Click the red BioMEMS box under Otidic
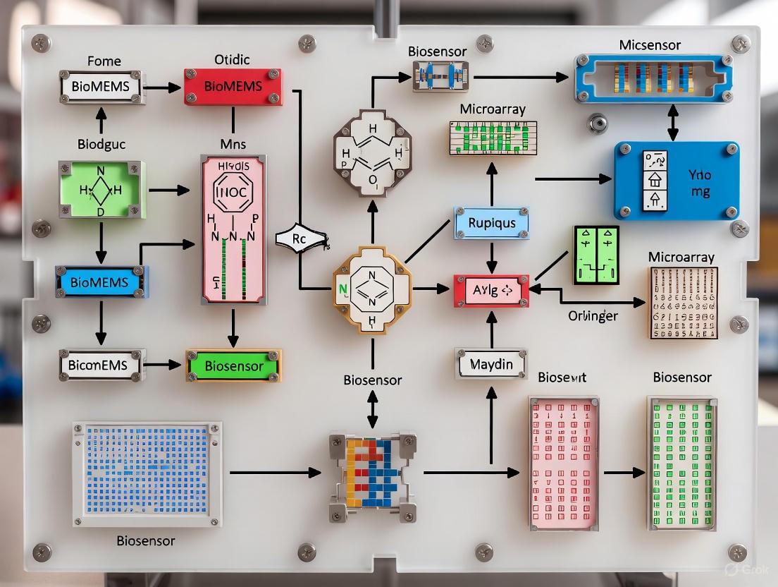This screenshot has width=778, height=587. coord(233,86)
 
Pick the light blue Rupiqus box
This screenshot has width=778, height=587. coord(491,223)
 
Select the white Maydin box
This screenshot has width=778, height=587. coord(491,365)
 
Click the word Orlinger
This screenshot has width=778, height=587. coord(593,316)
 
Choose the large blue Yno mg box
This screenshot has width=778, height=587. coord(676,181)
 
